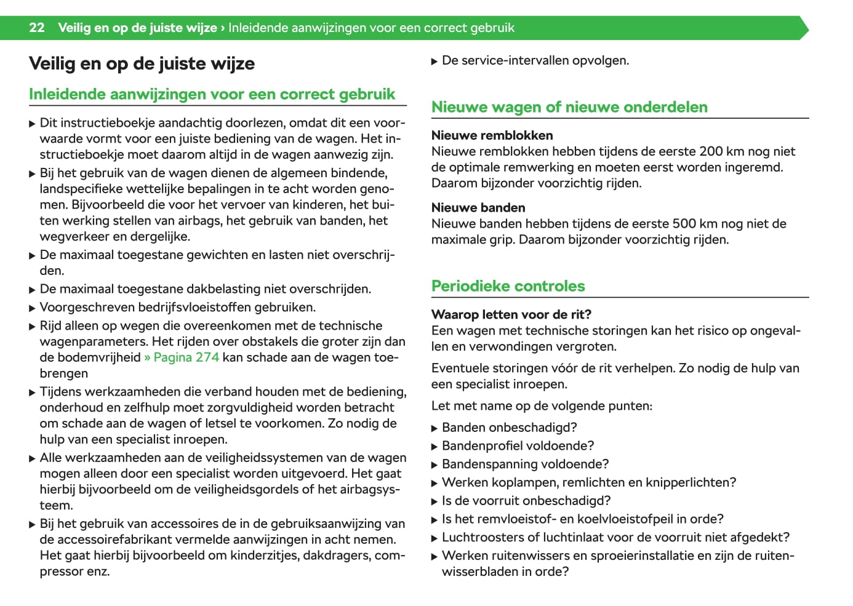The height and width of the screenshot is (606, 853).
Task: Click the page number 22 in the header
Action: (37, 28)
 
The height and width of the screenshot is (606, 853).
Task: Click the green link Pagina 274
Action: (182, 357)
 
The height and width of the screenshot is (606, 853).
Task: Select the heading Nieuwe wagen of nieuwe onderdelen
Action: (569, 107)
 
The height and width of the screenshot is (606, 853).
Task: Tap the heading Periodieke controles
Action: (508, 286)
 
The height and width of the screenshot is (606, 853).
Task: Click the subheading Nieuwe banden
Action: (478, 208)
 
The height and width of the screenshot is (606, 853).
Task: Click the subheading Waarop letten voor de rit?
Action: (511, 314)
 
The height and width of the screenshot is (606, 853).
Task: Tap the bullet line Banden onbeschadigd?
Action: (509, 428)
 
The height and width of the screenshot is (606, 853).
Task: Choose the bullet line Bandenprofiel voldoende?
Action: (518, 446)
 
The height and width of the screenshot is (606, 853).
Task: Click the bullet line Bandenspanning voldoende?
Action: (525, 464)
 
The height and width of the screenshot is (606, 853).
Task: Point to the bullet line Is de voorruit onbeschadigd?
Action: (526, 501)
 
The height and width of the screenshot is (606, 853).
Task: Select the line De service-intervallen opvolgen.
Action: (535, 61)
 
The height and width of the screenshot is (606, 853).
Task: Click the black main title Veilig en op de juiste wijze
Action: (142, 64)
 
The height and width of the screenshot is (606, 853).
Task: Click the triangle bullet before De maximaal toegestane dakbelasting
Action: (33, 290)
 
